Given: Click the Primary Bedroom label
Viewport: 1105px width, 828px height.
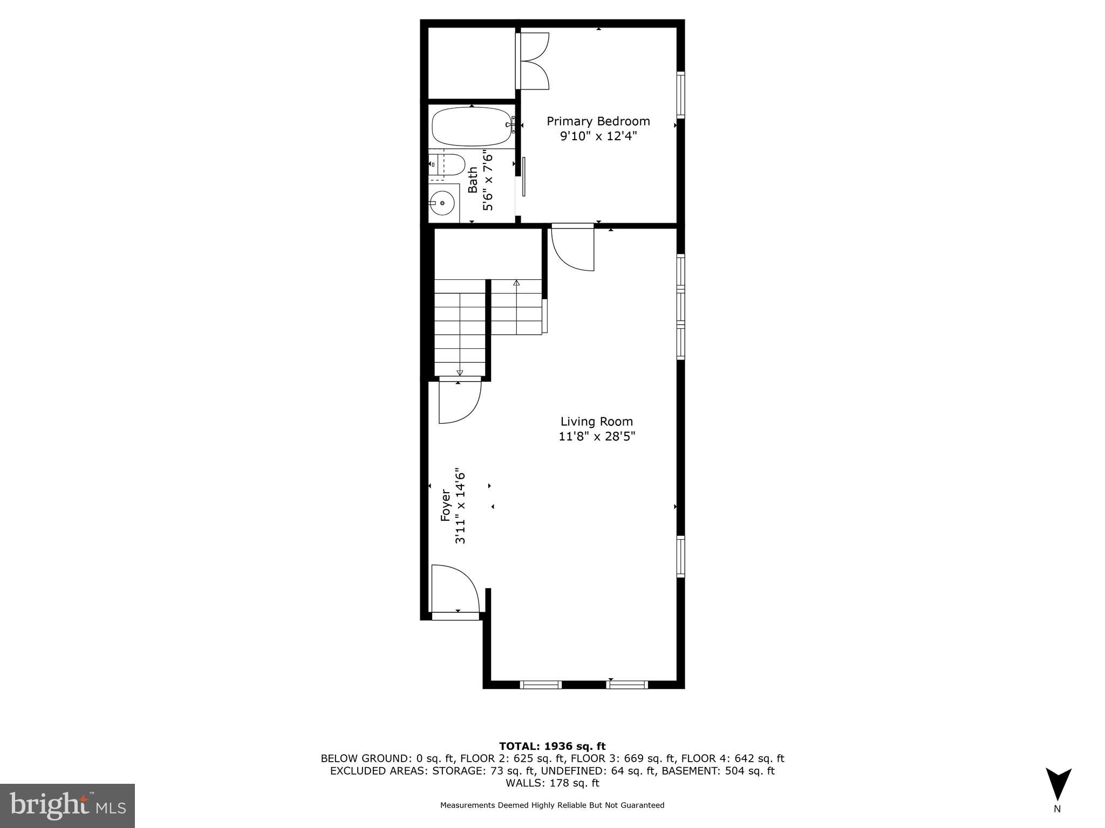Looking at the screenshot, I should (x=598, y=121).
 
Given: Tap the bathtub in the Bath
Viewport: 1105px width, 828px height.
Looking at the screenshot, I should (x=471, y=127).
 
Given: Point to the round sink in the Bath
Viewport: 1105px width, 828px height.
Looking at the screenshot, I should (x=442, y=203).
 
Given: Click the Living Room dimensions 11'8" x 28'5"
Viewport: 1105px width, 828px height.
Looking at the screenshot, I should (x=597, y=436).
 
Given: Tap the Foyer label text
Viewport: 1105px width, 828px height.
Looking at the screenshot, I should (x=446, y=505).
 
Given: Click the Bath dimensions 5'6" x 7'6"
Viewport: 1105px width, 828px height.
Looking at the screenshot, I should (x=488, y=181).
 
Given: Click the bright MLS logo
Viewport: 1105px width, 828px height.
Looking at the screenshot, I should (x=67, y=805).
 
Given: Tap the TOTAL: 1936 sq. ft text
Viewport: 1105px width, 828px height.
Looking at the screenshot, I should (x=552, y=746).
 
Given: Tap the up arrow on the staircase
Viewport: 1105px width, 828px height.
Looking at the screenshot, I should (x=516, y=283).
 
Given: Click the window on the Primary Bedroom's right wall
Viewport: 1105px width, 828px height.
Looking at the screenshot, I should (x=680, y=94).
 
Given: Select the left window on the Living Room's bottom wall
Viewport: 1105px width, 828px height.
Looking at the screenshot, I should (x=541, y=685).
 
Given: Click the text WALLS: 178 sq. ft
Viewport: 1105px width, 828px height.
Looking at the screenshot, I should (x=552, y=783).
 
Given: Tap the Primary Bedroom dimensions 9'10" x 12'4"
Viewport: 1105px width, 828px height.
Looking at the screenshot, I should (x=598, y=136).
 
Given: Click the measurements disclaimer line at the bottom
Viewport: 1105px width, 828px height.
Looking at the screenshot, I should (x=552, y=805).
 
